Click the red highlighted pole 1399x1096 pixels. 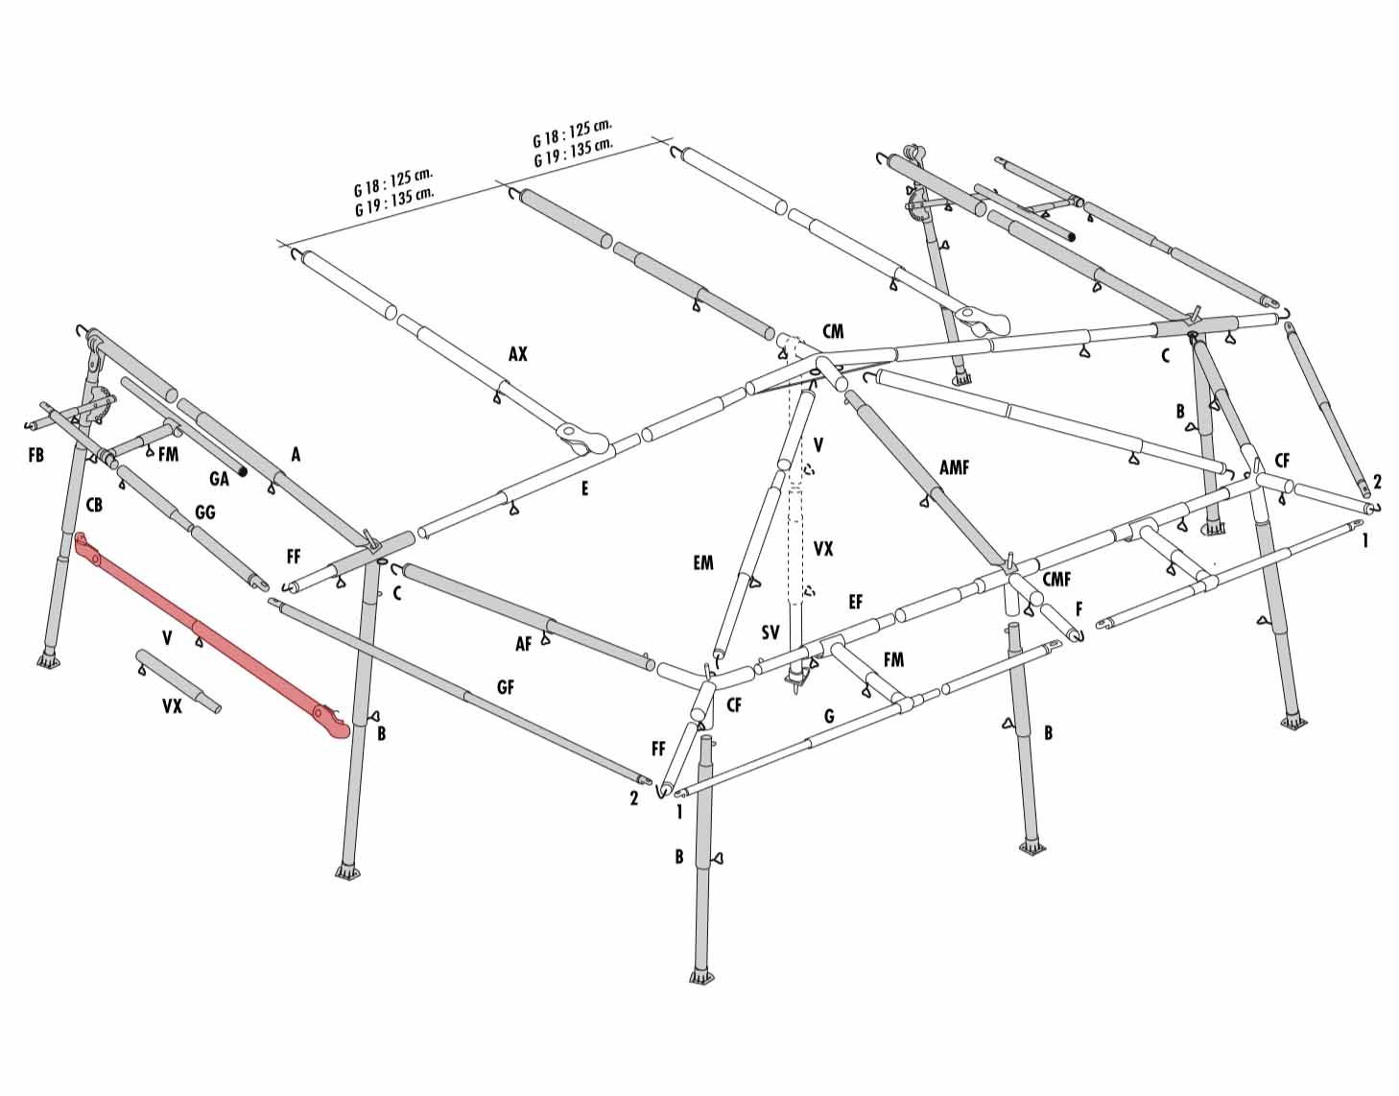212,635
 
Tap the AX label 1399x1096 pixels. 517,353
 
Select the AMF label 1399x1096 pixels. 954,467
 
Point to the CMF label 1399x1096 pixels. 1056,580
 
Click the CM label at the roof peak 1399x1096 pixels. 833,331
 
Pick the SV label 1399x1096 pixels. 770,632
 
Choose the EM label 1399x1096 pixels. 703,562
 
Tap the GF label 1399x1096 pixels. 506,687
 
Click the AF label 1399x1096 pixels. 524,643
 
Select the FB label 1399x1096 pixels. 36,455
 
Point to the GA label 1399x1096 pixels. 219,479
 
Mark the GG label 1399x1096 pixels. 204,512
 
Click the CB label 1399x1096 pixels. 94,505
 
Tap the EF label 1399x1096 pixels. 855,602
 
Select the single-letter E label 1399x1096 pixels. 584,488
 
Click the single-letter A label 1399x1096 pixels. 296,455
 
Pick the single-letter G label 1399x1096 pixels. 829,715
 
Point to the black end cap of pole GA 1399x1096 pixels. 243,472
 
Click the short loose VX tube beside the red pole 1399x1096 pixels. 178,680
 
